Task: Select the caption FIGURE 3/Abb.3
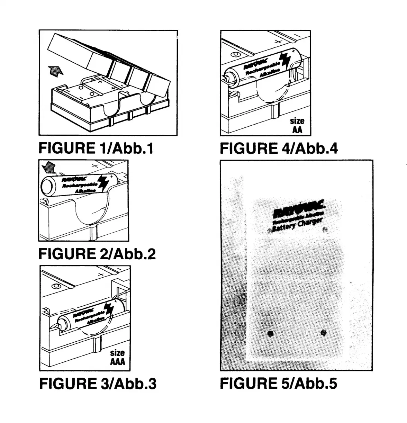pos(98,384)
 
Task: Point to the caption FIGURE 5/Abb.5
pos(278,383)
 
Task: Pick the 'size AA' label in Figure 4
pos(297,125)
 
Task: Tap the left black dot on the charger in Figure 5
pos(271,334)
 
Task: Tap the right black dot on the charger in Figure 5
pos(324,333)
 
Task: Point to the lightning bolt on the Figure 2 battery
pos(102,182)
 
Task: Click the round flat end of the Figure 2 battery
pos(47,186)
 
